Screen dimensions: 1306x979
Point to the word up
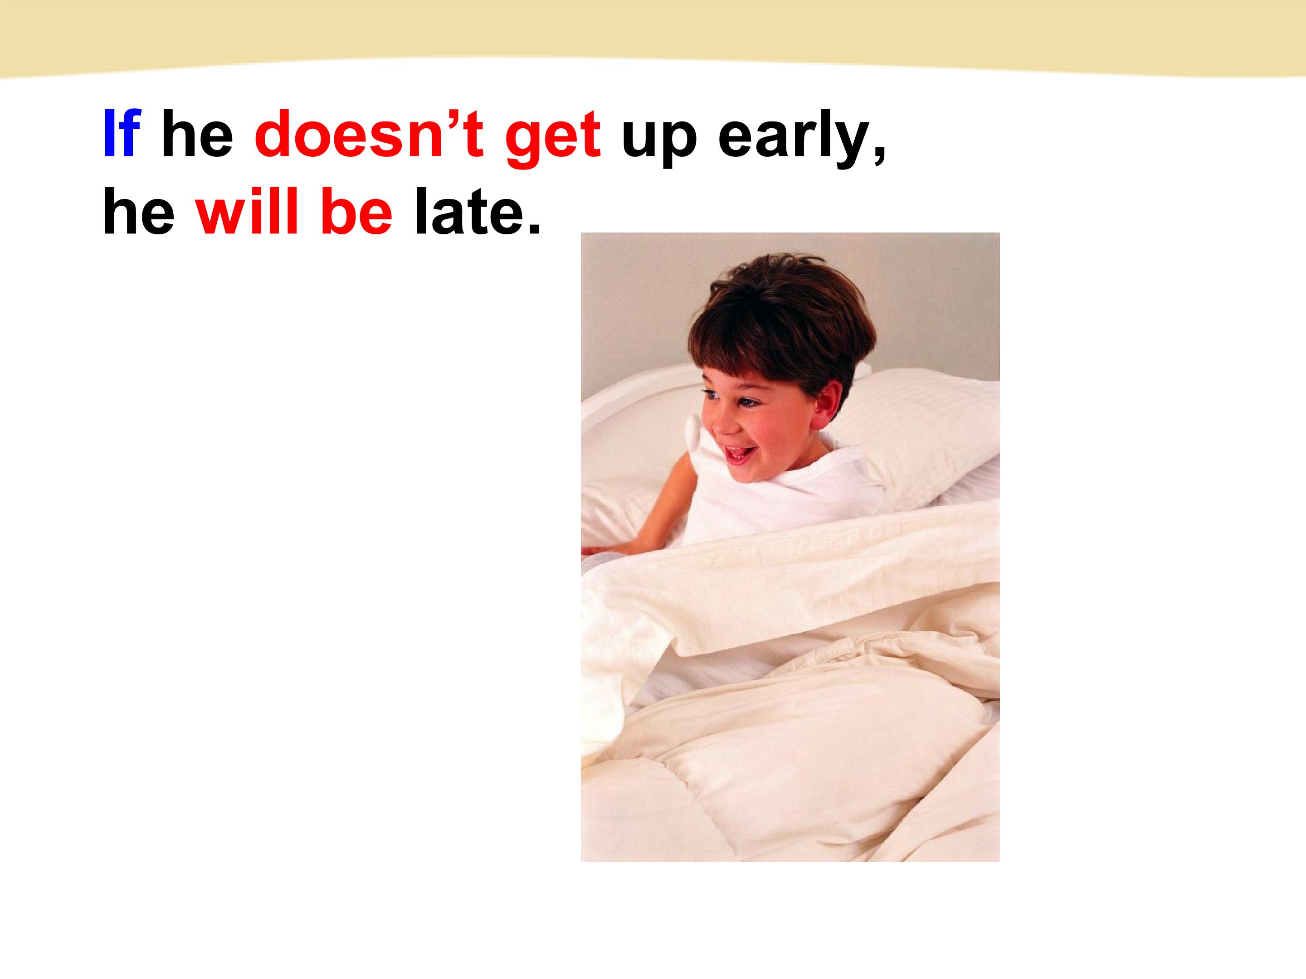pos(659,141)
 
